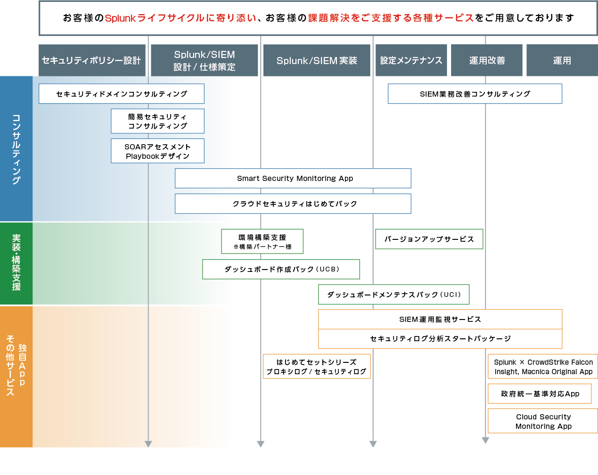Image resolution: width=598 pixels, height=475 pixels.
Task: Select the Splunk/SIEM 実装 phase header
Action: pos(317,60)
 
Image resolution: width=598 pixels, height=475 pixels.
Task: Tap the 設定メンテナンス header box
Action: pos(411,60)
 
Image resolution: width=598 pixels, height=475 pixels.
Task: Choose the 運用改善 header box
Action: pos(487,60)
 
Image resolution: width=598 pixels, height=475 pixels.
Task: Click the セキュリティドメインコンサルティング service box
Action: pos(122,94)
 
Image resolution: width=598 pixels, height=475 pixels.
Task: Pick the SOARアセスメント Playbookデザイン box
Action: pos(157,151)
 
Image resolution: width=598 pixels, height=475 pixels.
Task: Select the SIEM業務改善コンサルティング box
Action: pos(475,94)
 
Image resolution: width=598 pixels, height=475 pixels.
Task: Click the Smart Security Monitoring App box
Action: pos(293,179)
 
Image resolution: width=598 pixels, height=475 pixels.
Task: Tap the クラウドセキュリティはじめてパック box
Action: pos(293,204)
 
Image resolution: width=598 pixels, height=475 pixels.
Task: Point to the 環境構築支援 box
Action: pos(262,242)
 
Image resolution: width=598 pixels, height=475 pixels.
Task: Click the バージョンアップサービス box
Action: pos(429,239)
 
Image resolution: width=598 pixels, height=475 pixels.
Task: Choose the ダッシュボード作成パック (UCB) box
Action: pos(281,269)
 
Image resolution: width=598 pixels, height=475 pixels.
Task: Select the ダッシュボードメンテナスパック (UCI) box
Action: pos(394,295)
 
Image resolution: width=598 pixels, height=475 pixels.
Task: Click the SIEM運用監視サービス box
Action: pos(440,319)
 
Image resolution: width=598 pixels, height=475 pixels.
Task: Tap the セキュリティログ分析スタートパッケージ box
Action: pos(440,339)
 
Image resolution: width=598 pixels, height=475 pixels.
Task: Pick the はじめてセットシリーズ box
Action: pos(317,367)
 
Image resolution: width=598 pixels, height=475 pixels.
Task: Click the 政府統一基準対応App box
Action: pos(540,394)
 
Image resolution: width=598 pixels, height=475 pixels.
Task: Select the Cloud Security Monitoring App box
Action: pos(543,421)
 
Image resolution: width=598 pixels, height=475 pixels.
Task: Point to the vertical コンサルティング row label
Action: pos(16,149)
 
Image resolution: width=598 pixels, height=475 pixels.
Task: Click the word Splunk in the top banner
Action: pos(120,18)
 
